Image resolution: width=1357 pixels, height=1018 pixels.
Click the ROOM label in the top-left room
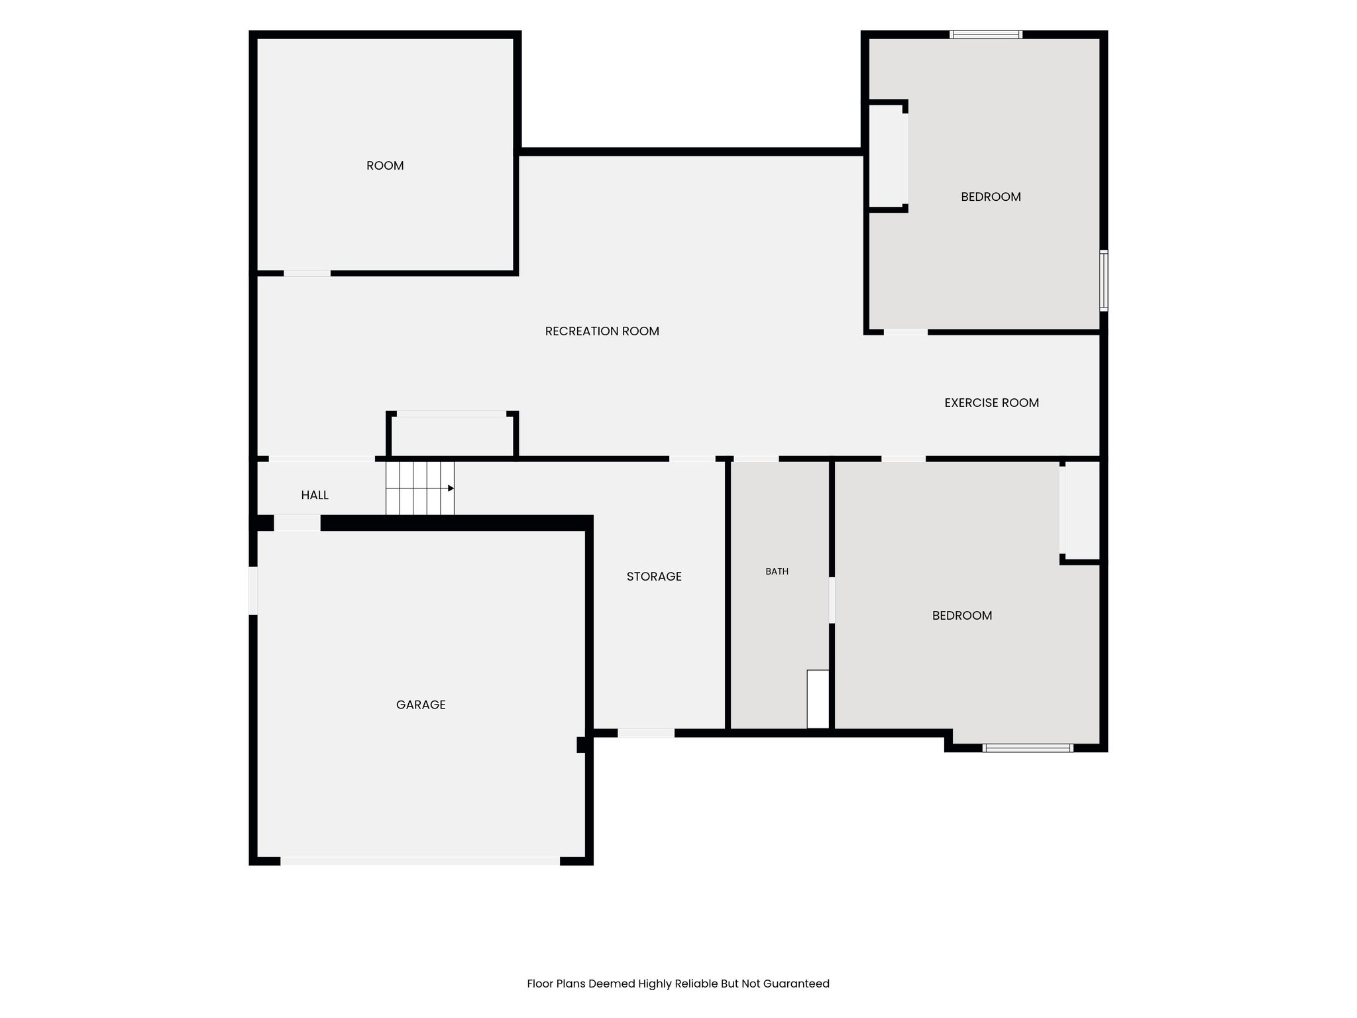tap(385, 166)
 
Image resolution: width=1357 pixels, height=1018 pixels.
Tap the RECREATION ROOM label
tap(602, 331)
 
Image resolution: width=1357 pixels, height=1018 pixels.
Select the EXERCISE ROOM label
tap(991, 403)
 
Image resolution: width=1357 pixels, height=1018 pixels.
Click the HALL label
tap(315, 495)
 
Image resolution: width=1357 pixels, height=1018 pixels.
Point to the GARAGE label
tap(421, 705)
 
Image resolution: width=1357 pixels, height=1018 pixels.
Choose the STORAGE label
tap(654, 577)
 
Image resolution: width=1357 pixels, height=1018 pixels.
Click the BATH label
tap(777, 571)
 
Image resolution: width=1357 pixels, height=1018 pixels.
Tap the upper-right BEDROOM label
tap(991, 197)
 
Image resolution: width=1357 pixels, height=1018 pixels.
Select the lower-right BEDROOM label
tap(962, 616)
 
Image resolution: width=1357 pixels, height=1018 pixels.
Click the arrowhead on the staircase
tap(451, 488)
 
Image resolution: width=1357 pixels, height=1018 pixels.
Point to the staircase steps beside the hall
tap(420, 488)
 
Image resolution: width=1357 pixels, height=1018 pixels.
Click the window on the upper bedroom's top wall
tap(986, 34)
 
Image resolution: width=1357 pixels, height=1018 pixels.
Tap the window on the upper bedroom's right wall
tap(1104, 280)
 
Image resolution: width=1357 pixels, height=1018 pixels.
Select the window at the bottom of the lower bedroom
tap(1028, 748)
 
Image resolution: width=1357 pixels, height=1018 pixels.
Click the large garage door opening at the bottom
tap(420, 861)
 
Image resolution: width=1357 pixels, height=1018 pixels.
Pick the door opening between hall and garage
tap(298, 523)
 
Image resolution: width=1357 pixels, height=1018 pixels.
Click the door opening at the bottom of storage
tap(646, 733)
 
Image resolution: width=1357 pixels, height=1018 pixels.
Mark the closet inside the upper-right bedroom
tap(885, 156)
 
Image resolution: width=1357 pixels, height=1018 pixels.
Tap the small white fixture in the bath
tap(818, 699)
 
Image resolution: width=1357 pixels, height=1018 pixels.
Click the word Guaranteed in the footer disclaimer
tap(796, 984)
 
